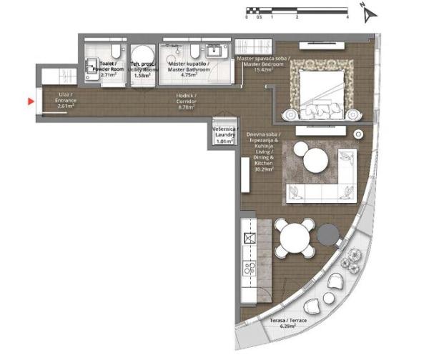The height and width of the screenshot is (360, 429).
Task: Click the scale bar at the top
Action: pos(296,11)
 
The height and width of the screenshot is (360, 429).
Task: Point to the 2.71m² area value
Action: pos(109,74)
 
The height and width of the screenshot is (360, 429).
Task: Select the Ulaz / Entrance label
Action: pos(65,100)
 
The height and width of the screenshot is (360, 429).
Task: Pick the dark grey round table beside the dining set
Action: pos(329,234)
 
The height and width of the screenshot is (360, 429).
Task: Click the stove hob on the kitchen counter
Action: pos(250,269)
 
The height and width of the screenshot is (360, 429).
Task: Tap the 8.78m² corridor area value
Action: pos(187,107)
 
